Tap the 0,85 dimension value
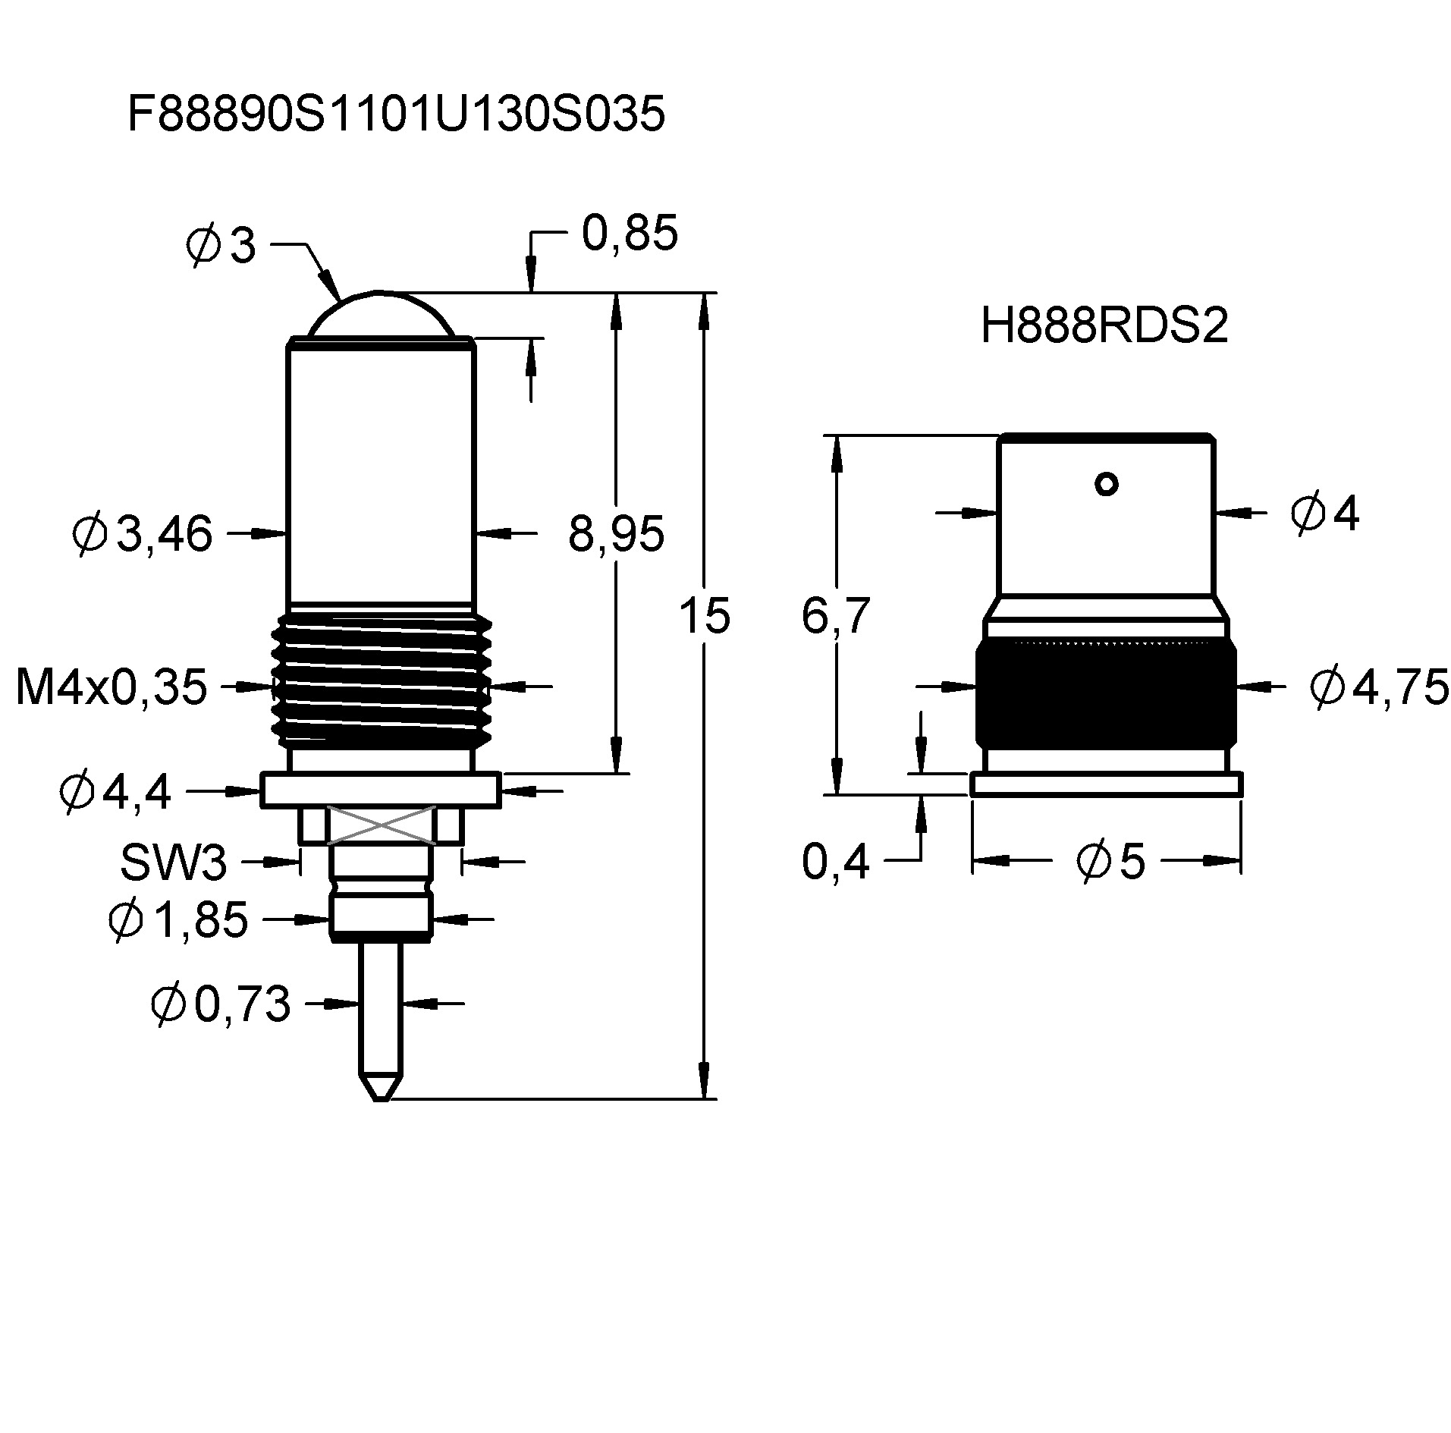(629, 234)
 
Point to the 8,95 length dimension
(616, 533)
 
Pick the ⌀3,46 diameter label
(143, 533)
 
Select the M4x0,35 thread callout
(111, 687)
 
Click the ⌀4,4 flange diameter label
(115, 792)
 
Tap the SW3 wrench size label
(174, 863)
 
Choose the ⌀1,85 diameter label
(179, 919)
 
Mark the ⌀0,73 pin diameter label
(221, 1004)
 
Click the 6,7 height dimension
(835, 615)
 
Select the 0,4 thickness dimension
(835, 863)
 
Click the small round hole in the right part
(1107, 483)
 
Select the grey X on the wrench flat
(381, 825)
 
